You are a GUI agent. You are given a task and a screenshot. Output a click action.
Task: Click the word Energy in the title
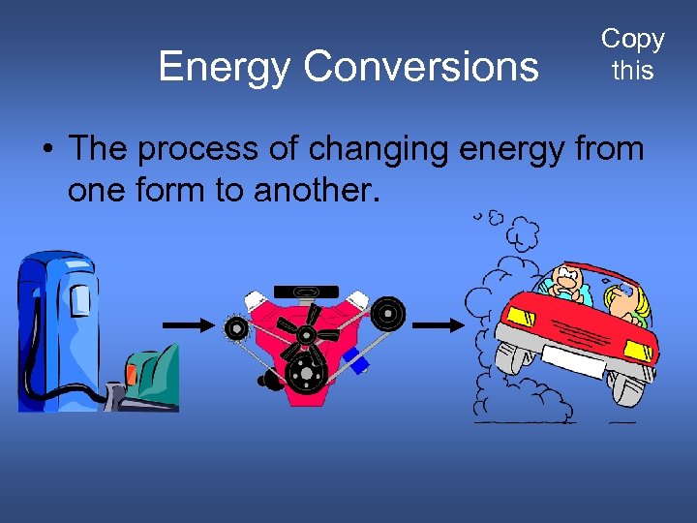pos(226,66)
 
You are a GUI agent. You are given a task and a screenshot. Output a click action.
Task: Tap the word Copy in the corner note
pos(632,39)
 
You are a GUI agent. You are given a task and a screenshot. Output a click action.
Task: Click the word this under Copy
pos(632,71)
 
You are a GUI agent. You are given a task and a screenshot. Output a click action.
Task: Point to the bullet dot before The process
pos(46,150)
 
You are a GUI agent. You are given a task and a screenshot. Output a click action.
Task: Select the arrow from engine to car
pos(442,325)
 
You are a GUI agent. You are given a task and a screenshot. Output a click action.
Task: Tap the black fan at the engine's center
pos(306,334)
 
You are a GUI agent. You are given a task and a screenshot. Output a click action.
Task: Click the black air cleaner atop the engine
pos(306,291)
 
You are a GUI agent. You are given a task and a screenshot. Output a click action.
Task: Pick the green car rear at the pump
pos(150,373)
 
